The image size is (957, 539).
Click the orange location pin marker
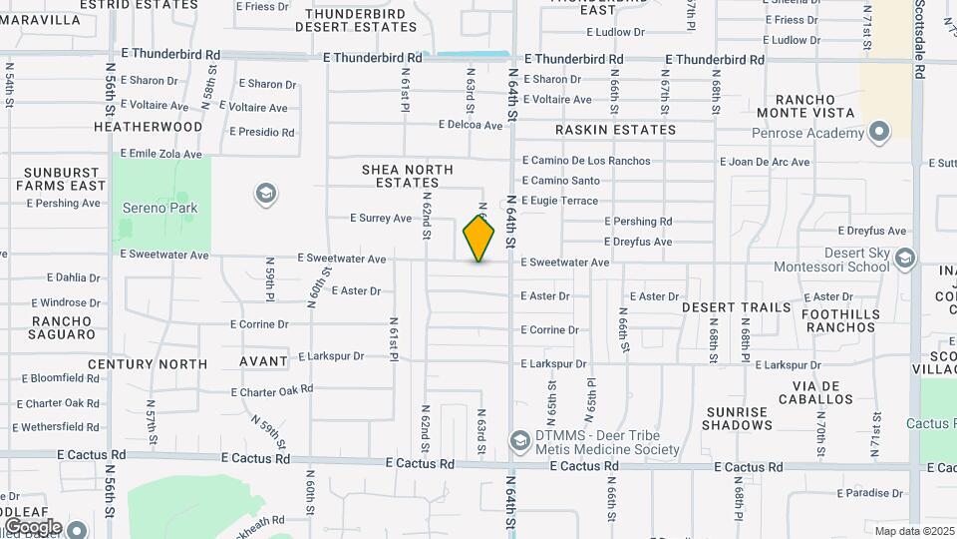pyautogui.click(x=478, y=238)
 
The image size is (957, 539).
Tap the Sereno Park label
pyautogui.click(x=159, y=209)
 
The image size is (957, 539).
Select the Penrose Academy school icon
pyautogui.click(x=878, y=133)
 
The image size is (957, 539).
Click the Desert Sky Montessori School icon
pyautogui.click(x=904, y=260)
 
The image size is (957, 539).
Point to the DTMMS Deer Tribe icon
pyautogui.click(x=519, y=440)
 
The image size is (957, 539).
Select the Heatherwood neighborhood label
pyautogui.click(x=148, y=127)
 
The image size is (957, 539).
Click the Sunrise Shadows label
pyautogui.click(x=738, y=418)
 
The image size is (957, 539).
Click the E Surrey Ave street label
pyautogui.click(x=381, y=218)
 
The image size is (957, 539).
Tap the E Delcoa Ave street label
pyautogui.click(x=471, y=126)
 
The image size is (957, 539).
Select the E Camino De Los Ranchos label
pyautogui.click(x=586, y=161)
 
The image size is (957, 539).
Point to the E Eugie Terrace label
pyautogui.click(x=559, y=201)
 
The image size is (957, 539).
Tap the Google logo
pyautogui.click(x=33, y=526)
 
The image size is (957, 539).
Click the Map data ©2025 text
pyautogui.click(x=914, y=531)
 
